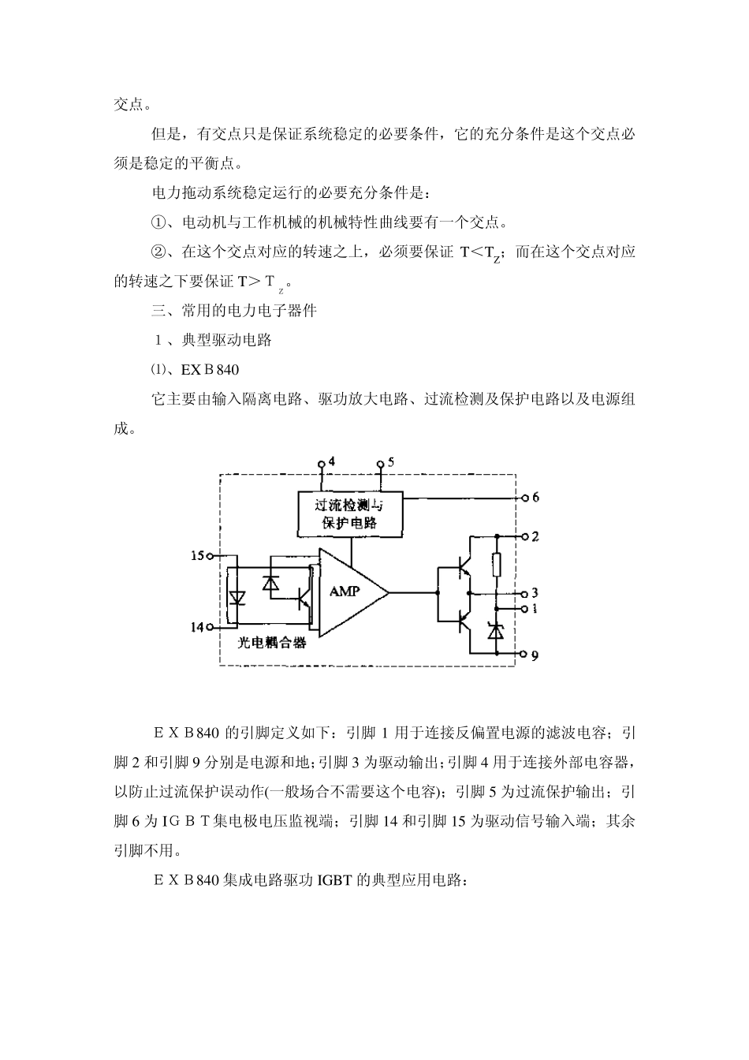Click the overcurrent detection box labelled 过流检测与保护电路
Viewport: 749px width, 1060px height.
[350, 513]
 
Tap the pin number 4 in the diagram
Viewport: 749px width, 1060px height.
[332, 461]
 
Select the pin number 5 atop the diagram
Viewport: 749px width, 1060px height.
[391, 461]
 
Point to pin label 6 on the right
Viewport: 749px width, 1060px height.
[536, 498]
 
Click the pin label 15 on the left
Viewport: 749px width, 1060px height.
[197, 556]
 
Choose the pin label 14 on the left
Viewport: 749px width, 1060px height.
[197, 627]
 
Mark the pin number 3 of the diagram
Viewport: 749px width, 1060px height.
[536, 593]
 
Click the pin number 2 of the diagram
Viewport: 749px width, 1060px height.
[536, 536]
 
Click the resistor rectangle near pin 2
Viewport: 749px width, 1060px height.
[497, 565]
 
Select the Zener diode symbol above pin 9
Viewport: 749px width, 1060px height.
[497, 631]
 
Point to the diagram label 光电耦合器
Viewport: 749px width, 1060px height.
[272, 643]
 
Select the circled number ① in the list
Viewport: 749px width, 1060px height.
[159, 222]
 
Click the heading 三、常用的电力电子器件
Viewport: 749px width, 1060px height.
[234, 310]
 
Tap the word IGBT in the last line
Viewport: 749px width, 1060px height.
[334, 880]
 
